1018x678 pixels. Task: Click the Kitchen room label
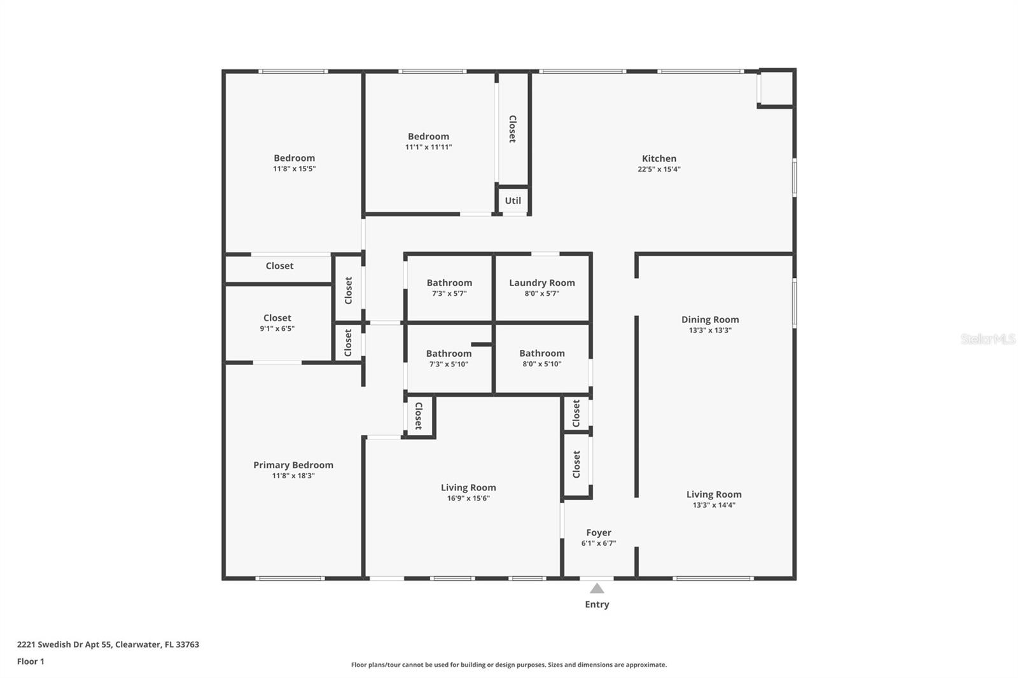(x=659, y=158)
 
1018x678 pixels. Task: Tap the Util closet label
(x=513, y=200)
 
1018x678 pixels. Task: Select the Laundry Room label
(x=541, y=282)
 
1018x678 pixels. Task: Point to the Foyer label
(x=599, y=532)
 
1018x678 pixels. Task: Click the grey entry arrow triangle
(x=597, y=588)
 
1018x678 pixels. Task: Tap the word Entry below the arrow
(x=597, y=604)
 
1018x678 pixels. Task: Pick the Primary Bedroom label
(x=293, y=465)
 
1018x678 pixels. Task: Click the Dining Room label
(x=710, y=319)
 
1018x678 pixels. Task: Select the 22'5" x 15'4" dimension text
(x=659, y=169)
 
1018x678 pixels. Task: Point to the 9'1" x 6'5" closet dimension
(x=277, y=329)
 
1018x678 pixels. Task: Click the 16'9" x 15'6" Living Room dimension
(x=468, y=498)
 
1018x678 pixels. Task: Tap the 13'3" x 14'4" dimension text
(x=713, y=505)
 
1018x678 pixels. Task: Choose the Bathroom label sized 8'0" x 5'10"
(x=541, y=353)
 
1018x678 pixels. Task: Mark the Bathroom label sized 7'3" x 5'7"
(x=449, y=282)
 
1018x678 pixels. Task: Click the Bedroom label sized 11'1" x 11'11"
(x=428, y=136)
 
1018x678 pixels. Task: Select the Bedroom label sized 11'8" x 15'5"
(x=294, y=158)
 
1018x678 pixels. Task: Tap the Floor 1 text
(x=31, y=661)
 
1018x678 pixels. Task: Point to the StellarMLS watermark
(x=988, y=338)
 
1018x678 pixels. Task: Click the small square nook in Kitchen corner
(x=777, y=88)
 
